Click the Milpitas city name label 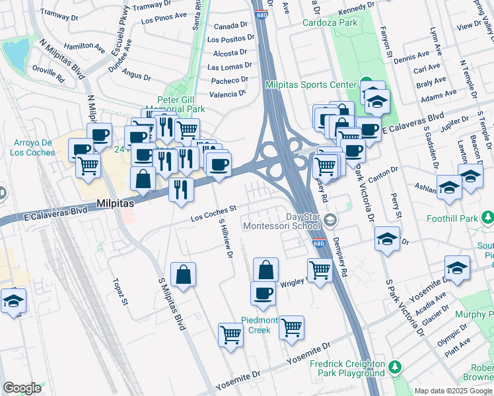116,204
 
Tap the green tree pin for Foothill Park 487,216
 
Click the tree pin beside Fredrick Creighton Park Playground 395,366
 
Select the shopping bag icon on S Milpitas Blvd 184,274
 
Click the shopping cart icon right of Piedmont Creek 291,327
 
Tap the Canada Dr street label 231,26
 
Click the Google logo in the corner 22,388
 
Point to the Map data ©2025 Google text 452,391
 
